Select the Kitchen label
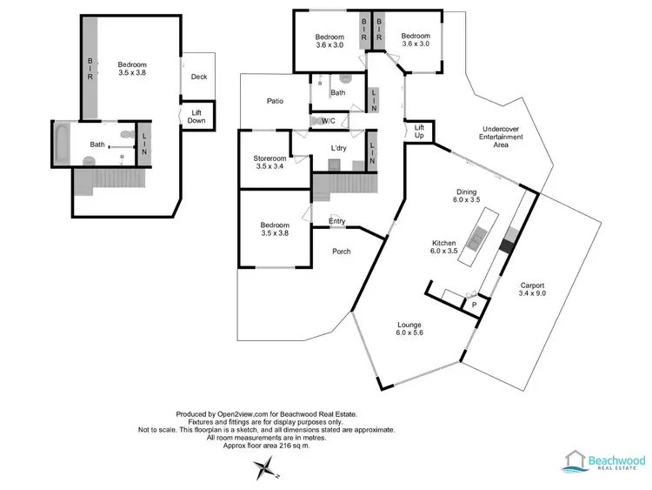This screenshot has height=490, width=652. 445,248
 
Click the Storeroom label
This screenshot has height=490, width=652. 269,163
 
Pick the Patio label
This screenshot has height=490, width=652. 276,102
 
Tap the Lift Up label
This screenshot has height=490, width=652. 419,131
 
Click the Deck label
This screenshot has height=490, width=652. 199,77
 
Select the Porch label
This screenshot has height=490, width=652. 343,252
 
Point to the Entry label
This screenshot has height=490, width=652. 337,221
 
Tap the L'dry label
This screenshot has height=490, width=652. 340,148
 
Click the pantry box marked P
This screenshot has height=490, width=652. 475,305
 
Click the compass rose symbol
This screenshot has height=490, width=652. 262,471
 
